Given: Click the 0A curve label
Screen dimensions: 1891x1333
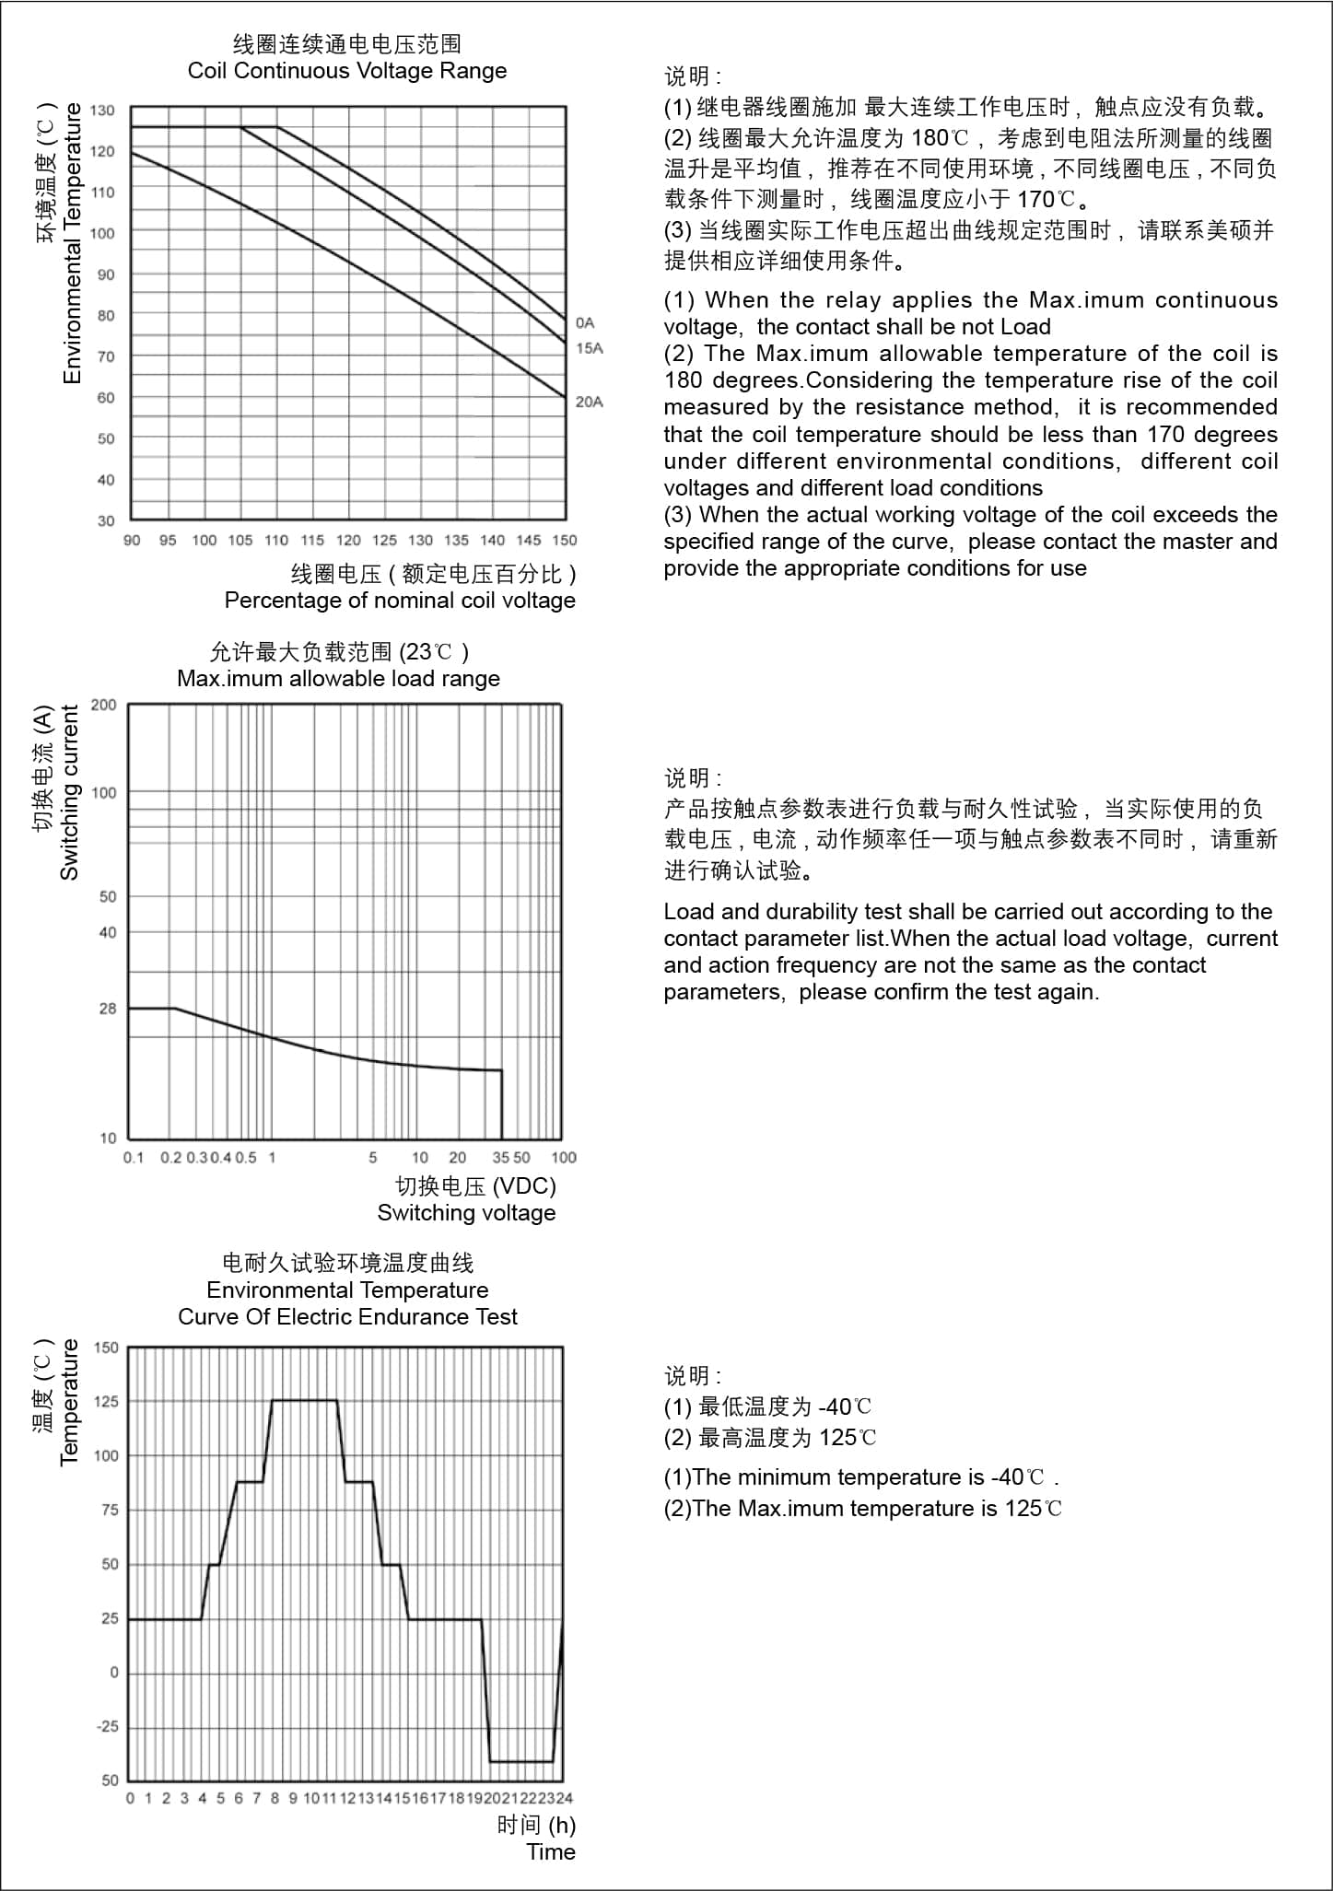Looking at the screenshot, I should pyautogui.click(x=585, y=322).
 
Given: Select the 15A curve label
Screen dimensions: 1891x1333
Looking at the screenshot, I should pyautogui.click(x=589, y=348).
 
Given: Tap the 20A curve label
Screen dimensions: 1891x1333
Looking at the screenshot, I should pyautogui.click(x=589, y=402).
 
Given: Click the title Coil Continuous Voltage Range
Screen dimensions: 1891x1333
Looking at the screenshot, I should pyautogui.click(x=347, y=71).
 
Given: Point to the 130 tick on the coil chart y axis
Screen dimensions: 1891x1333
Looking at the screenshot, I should pyautogui.click(x=103, y=111).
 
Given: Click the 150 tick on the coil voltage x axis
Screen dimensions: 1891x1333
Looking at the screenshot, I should pyautogui.click(x=565, y=541).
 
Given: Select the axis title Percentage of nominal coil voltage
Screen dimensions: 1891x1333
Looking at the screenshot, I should pyautogui.click(x=400, y=601).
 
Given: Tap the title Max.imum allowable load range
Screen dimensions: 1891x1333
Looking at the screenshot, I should pyautogui.click(x=338, y=679).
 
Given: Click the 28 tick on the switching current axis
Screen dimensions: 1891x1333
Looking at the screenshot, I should pyautogui.click(x=108, y=1009).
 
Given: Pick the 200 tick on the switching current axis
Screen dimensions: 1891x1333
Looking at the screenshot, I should pyautogui.click(x=104, y=706).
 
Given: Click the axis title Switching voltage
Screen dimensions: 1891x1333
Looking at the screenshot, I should pyautogui.click(x=466, y=1213).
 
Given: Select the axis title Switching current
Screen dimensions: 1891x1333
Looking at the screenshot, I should pyautogui.click(x=70, y=792).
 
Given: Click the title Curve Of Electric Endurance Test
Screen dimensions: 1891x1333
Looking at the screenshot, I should pyautogui.click(x=347, y=1317).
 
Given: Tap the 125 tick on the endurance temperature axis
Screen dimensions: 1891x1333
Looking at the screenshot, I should pyautogui.click(x=106, y=1402).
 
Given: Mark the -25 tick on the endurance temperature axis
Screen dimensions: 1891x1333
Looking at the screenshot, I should pyautogui.click(x=108, y=1726).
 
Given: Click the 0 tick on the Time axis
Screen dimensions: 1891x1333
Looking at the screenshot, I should pyautogui.click(x=130, y=1798).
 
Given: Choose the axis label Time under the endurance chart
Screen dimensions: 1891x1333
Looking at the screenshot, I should pyautogui.click(x=551, y=1852).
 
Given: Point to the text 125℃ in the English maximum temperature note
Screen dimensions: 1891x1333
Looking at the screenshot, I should pyautogui.click(x=1033, y=1509).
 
